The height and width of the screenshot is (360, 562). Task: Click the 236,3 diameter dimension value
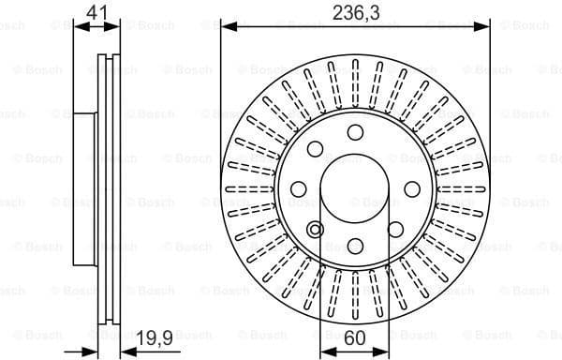(355, 12)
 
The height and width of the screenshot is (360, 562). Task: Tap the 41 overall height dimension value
(95, 12)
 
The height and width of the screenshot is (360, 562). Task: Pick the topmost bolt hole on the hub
(355, 131)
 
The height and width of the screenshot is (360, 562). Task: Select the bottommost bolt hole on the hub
(355, 247)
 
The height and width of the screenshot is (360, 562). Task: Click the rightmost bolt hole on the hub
(412, 188)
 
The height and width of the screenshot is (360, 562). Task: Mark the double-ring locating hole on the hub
(315, 230)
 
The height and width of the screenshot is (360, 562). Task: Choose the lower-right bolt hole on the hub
(395, 230)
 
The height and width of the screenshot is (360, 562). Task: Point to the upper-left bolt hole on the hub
(315, 148)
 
